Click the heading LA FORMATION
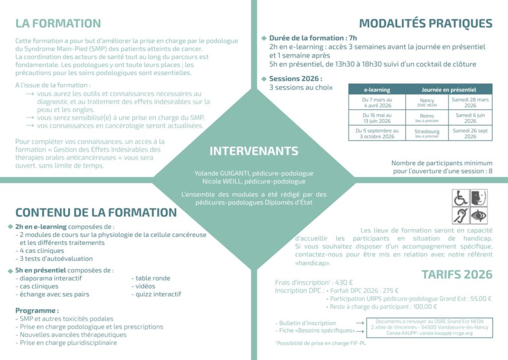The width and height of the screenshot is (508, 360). pos(58,23)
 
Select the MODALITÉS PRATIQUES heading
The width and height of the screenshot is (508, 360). pos(426,23)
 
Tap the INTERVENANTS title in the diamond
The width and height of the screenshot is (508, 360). pos(254,151)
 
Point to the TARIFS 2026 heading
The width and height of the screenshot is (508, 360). pos(457,274)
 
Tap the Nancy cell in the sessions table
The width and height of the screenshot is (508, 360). pos(427,102)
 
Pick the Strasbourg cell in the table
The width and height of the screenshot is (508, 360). pos(427,133)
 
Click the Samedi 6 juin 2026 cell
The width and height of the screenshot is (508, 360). pos(470,118)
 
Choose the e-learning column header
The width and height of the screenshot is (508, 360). pos(377,90)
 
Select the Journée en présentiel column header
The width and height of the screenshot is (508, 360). pos(449,90)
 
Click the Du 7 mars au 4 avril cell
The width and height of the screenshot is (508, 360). pos(377,102)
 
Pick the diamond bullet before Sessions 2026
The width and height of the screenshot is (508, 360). pos(264,79)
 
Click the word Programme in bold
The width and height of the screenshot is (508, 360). pos(36,310)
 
